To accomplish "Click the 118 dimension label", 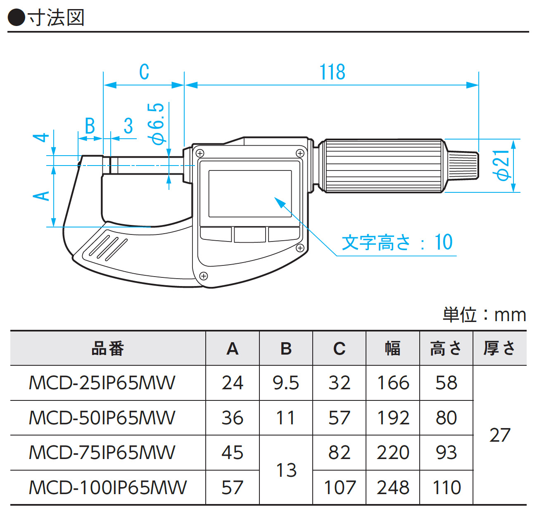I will [332, 72].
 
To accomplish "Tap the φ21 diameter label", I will [503, 165].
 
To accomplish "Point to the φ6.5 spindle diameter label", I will [157, 124].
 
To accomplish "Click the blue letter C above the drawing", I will [144, 72].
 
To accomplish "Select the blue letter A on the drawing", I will [42, 196].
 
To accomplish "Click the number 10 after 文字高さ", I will [443, 242].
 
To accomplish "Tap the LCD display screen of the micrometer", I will [250, 194].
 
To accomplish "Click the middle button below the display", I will [249, 234].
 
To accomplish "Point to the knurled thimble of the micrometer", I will [384, 166].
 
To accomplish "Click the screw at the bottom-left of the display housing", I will [203, 276].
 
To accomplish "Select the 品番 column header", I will [108, 349].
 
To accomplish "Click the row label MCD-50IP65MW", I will [102, 418].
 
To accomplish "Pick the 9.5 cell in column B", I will [286, 383].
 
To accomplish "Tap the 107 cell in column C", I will [339, 488].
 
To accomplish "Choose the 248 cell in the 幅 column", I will [393, 488].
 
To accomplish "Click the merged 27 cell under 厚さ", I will [500, 435].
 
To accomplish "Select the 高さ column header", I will [446, 349].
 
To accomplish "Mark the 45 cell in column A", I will [232, 453].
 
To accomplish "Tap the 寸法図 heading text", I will [56, 18].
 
